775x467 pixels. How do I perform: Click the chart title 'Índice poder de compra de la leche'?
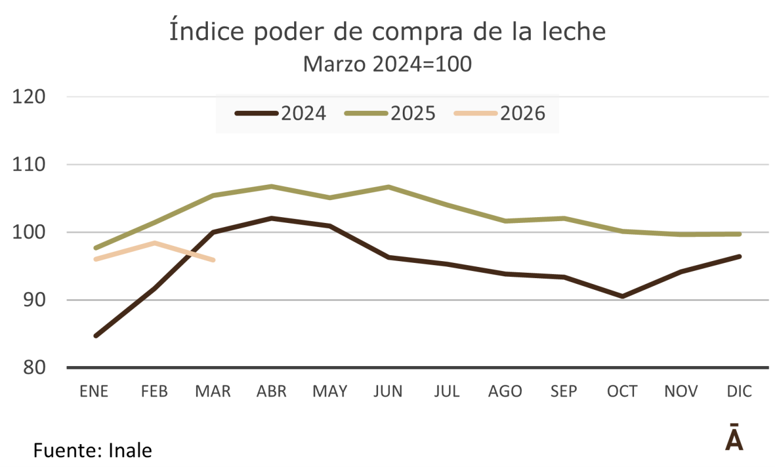387,32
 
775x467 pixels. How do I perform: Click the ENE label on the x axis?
95,391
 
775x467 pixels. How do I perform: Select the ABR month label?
271,391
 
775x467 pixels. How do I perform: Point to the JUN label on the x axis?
388,391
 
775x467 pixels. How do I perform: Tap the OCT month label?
622,391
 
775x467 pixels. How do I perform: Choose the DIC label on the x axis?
739,391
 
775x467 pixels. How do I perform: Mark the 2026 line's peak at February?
154,243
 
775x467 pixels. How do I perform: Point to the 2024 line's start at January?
95,336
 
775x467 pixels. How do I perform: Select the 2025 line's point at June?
388,187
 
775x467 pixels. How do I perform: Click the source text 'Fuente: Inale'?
93,451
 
